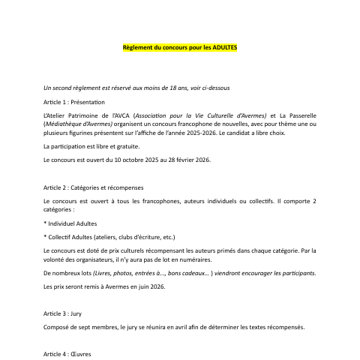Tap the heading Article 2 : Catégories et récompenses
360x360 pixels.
94,187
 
